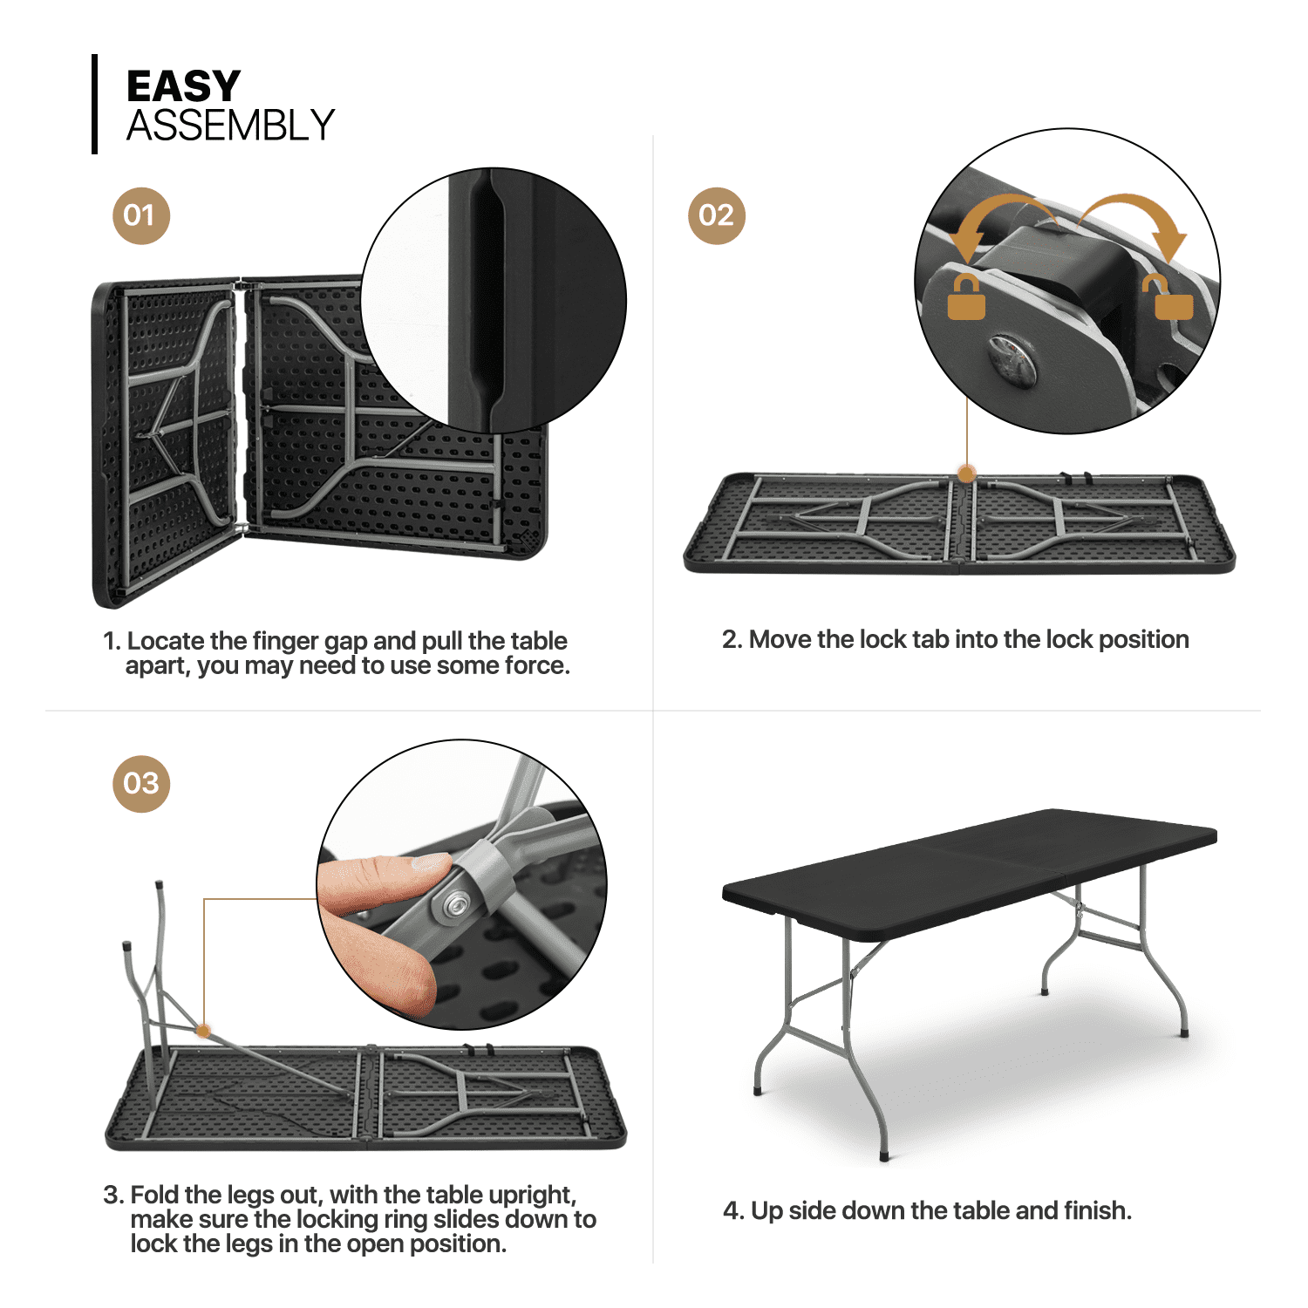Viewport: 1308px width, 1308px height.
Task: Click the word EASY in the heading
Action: [x=183, y=86]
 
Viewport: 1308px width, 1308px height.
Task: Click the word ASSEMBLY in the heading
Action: [x=230, y=126]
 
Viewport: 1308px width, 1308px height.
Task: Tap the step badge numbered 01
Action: [x=140, y=215]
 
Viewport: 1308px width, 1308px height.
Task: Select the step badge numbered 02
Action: [x=716, y=215]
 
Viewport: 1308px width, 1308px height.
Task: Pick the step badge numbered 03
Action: [x=140, y=783]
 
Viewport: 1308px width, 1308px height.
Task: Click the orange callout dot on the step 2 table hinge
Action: [x=966, y=473]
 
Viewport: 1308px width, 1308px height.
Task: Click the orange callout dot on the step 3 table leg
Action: [x=203, y=1031]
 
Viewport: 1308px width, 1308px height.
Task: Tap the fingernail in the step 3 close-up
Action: [x=429, y=863]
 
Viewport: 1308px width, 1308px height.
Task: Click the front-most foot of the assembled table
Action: [x=886, y=1155]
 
